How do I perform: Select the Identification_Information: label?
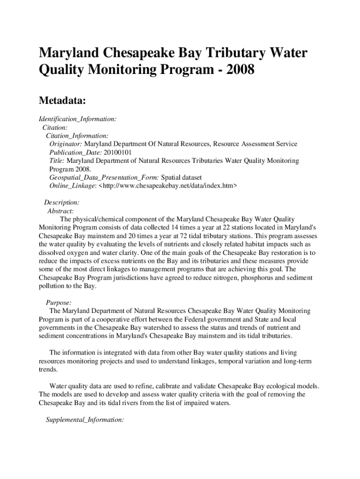pyautogui.click(x=78, y=119)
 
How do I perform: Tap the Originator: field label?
pyautogui.click(x=66, y=144)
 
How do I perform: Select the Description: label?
pyautogui.click(x=62, y=203)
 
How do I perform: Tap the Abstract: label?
pyautogui.click(x=60, y=211)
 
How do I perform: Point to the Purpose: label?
pyautogui.click(x=58, y=303)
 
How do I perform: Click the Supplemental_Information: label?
pyautogui.click(x=85, y=420)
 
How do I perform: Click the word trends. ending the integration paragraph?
pyautogui.click(x=48, y=369)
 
